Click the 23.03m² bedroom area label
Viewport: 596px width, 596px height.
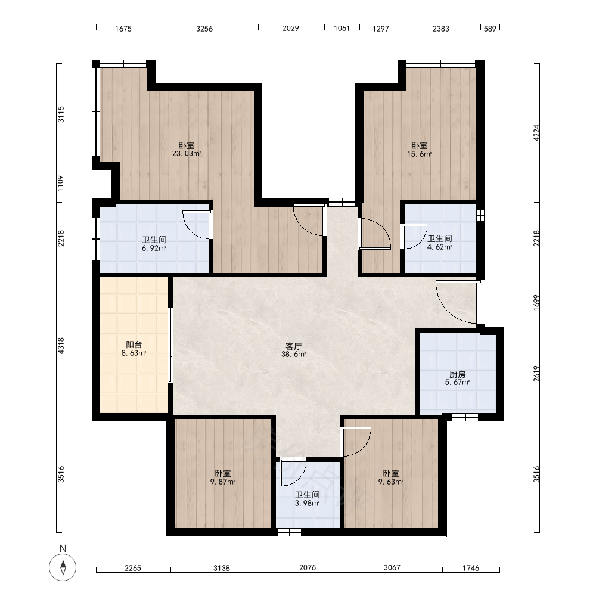point(186,154)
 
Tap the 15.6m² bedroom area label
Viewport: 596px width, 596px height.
point(419,154)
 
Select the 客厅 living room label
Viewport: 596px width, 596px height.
point(293,346)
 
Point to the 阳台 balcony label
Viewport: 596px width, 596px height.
point(134,344)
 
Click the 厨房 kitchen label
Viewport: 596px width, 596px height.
point(457,374)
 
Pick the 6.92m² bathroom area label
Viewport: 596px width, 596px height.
point(154,248)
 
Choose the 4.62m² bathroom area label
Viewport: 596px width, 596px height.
point(439,247)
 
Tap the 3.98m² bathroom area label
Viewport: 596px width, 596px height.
point(307,503)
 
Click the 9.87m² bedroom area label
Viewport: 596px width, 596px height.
point(222,482)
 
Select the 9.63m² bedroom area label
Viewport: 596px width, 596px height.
point(390,482)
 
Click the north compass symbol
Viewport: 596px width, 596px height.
point(63,567)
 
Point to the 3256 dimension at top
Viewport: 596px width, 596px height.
point(204,29)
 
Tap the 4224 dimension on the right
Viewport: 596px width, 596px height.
point(536,133)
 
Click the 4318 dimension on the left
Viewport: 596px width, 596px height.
point(61,346)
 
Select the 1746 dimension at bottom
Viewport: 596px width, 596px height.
point(471,568)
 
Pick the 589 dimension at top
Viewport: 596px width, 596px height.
point(490,29)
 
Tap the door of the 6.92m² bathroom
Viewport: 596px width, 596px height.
point(196,225)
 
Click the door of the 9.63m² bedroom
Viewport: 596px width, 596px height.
point(356,441)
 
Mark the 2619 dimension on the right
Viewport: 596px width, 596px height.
point(536,374)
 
